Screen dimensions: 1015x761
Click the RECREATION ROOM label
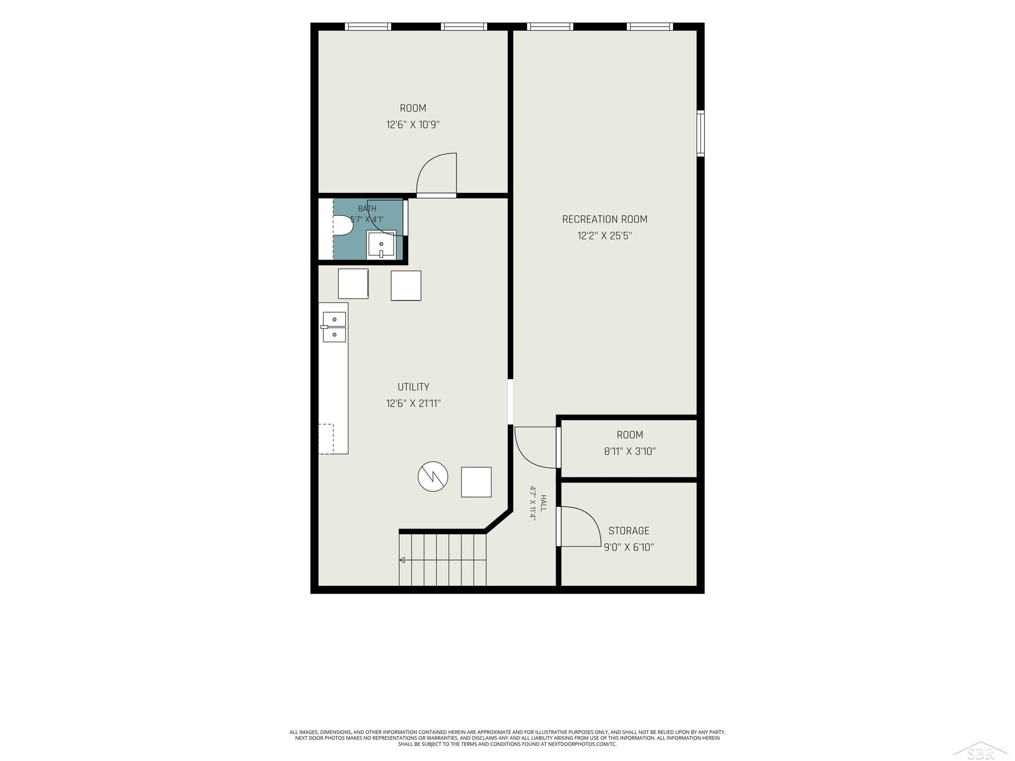click(x=605, y=219)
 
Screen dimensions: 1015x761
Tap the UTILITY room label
click(x=413, y=387)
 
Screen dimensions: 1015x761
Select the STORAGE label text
click(x=629, y=531)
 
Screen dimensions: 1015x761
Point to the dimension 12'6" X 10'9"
click(x=413, y=125)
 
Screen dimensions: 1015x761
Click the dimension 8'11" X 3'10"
click(x=630, y=452)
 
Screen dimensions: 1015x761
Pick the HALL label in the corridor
click(x=543, y=503)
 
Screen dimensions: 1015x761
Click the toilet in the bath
click(x=342, y=225)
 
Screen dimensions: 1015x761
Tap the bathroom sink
click(x=381, y=245)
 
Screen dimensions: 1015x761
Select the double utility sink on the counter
click(x=334, y=327)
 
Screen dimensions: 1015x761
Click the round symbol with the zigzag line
click(x=433, y=477)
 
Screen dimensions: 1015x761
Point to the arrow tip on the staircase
click(x=400, y=560)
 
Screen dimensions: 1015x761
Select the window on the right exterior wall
click(x=701, y=134)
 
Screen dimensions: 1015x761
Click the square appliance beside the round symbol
click(x=476, y=482)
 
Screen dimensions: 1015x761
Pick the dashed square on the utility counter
click(x=326, y=439)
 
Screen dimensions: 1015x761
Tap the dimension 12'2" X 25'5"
click(x=605, y=236)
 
